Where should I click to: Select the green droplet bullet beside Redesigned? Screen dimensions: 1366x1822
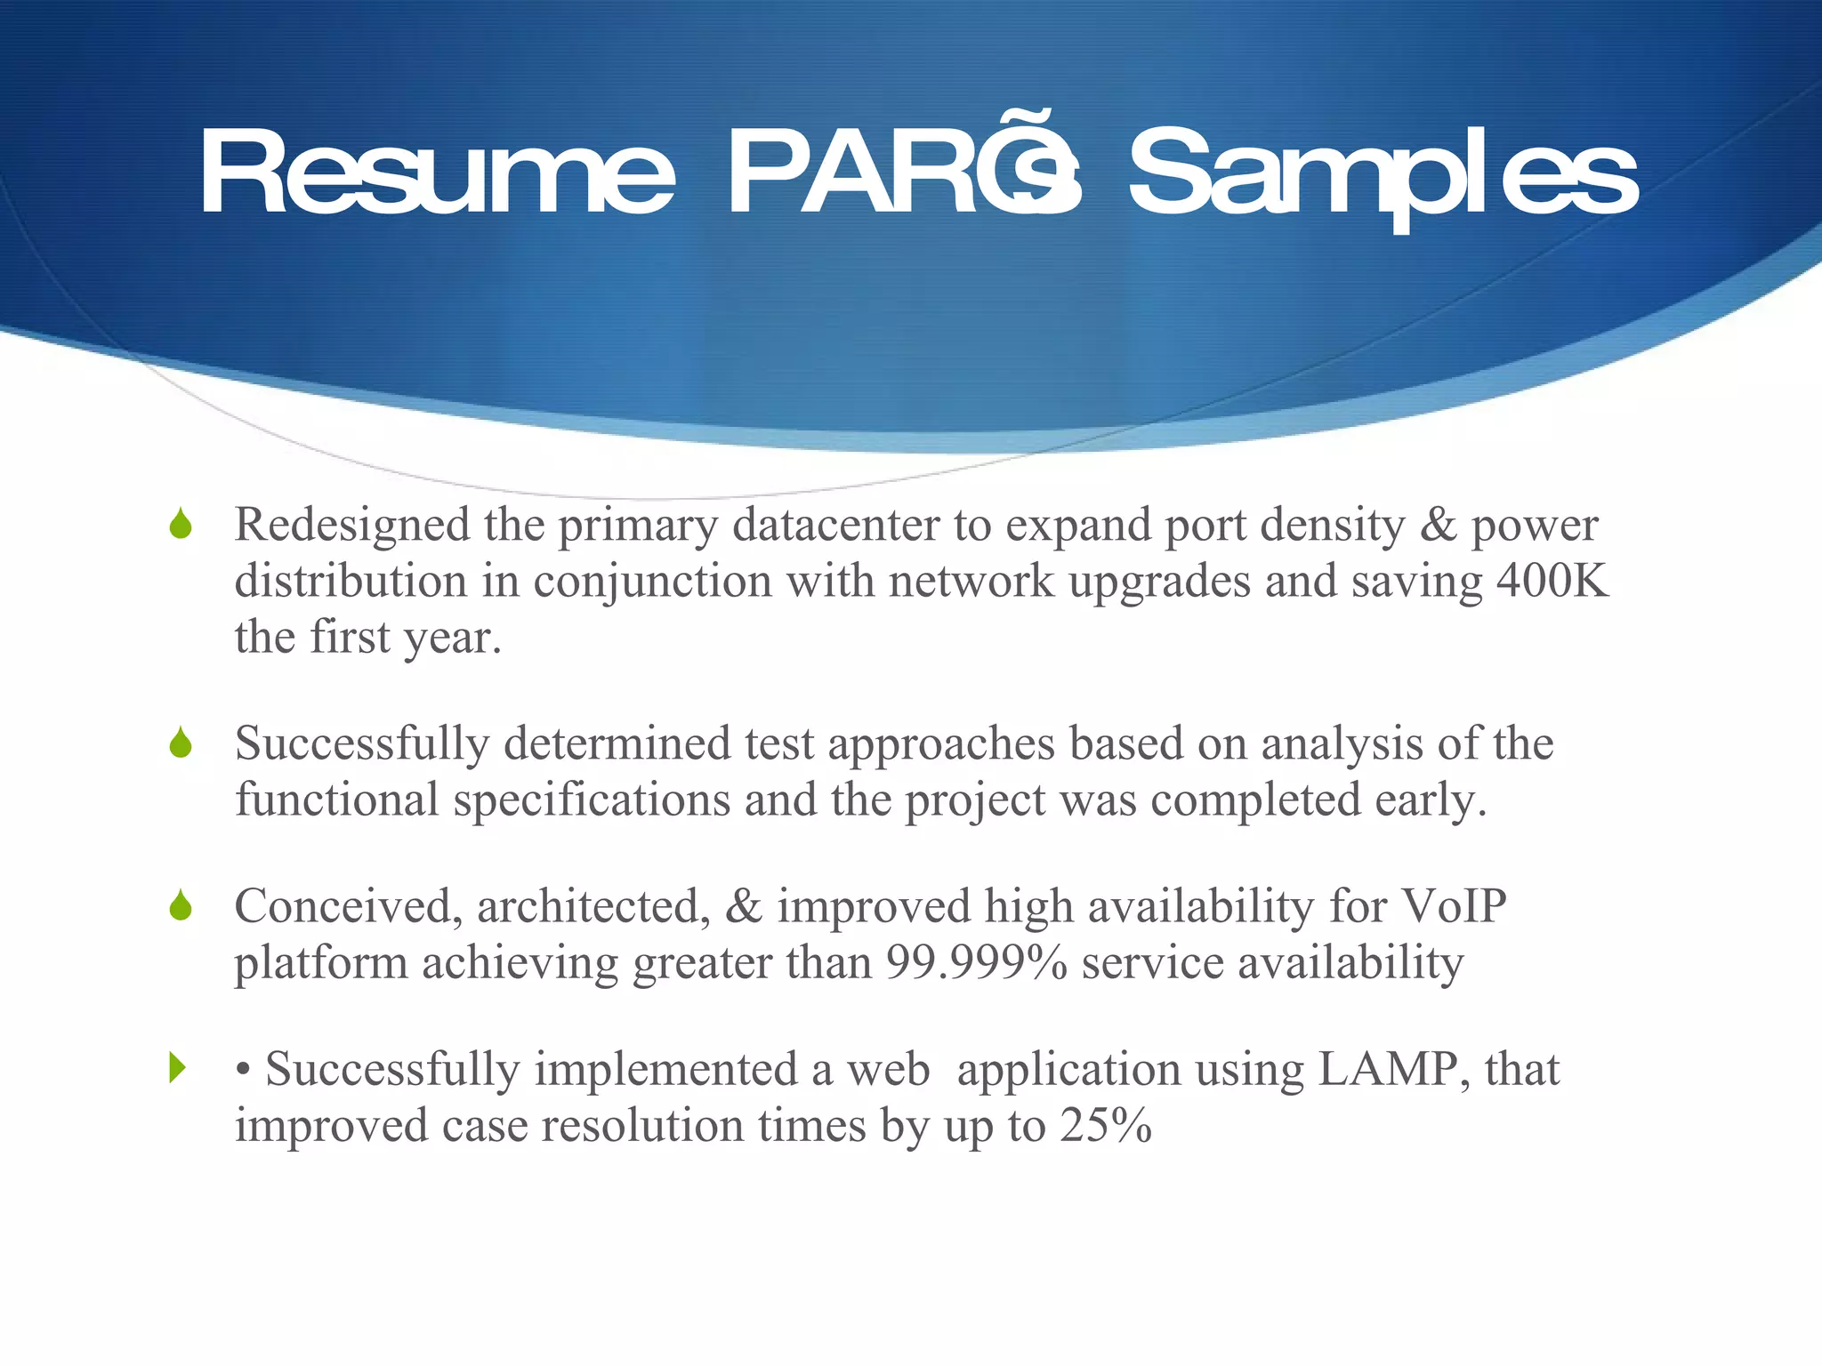[181, 524]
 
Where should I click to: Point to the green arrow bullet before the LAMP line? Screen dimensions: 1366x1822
[178, 1067]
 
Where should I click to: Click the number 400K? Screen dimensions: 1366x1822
[1552, 581]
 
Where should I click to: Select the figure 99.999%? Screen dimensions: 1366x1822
[976, 962]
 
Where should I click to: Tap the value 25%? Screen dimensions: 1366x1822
[1106, 1125]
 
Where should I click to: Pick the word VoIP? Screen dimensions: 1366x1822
[1454, 906]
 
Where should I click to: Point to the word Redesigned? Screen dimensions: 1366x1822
[352, 525]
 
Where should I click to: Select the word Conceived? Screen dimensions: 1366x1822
[348, 906]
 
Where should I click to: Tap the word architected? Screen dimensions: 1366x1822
[593, 906]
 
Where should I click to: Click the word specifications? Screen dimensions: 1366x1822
[592, 800]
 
